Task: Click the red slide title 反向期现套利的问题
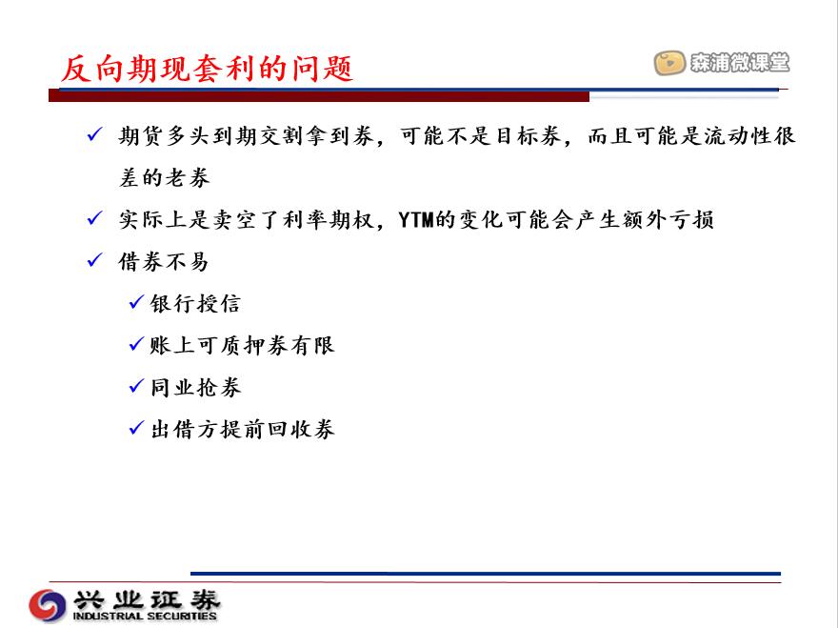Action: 207,69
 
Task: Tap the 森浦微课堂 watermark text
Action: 740,63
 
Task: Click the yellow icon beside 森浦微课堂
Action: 669,63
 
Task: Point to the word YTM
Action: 416,219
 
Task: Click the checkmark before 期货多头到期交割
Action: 94,133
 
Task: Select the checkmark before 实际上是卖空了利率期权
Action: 94,217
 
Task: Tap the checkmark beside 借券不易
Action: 94,260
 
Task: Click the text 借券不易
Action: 164,261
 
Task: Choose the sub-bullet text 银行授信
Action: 195,304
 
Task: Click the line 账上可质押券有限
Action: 242,346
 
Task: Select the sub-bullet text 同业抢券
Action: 195,387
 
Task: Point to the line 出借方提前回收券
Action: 243,429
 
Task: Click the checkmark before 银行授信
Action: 137,302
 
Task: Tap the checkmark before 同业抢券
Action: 137,386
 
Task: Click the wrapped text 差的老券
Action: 164,177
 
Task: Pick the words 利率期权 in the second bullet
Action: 329,220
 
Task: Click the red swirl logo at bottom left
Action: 48,605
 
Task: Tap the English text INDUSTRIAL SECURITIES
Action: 145,617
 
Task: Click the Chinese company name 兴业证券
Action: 147,600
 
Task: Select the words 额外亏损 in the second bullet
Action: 668,220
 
